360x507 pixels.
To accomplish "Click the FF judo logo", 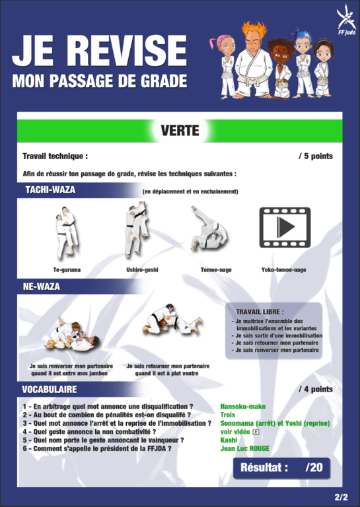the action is click(345, 19).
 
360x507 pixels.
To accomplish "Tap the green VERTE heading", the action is click(180, 131).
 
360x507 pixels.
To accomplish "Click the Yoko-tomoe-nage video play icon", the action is click(285, 228).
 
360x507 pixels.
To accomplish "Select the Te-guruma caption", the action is click(67, 269).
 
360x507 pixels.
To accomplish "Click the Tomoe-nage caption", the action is click(216, 269).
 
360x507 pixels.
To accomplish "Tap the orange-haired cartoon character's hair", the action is click(254, 30).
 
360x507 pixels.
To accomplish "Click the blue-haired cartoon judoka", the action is click(303, 63).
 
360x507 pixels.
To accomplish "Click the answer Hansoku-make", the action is click(243, 407).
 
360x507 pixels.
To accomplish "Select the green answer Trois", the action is click(228, 415).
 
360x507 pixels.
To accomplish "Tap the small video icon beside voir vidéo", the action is click(256, 432).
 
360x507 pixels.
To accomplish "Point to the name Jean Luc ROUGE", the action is click(245, 448).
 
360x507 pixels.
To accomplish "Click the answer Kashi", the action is click(229, 440).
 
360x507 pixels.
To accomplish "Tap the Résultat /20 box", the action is click(281, 468).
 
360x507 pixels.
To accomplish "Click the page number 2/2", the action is click(342, 496).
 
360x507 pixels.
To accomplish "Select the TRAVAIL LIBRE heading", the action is click(260, 312).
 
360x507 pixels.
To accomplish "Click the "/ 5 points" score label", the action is click(316, 156).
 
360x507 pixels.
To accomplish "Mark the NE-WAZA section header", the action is click(42, 287).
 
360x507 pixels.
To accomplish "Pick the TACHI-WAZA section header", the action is click(50, 189).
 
